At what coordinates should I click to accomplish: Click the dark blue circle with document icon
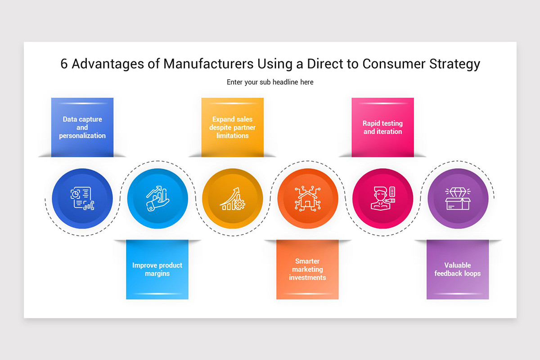click(x=82, y=198)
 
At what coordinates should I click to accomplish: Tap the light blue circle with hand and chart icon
click(x=157, y=198)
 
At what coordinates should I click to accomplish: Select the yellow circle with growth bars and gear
click(x=233, y=198)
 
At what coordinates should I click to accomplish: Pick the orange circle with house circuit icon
click(x=308, y=198)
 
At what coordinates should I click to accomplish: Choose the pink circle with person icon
click(x=382, y=198)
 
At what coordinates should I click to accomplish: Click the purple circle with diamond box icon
click(x=458, y=198)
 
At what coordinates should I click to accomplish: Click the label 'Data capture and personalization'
click(x=82, y=127)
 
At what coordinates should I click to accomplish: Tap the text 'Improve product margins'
click(x=157, y=269)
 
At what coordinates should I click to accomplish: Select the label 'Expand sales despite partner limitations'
click(x=233, y=127)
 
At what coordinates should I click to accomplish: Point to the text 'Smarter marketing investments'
click(x=308, y=269)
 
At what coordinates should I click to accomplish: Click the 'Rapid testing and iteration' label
click(x=382, y=127)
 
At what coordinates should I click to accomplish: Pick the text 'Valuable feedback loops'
click(x=458, y=269)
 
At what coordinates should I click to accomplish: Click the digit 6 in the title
click(x=64, y=64)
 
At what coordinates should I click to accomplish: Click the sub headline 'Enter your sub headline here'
click(x=270, y=82)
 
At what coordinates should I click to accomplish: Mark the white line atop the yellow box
click(x=233, y=103)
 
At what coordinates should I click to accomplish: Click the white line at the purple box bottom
click(x=458, y=293)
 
